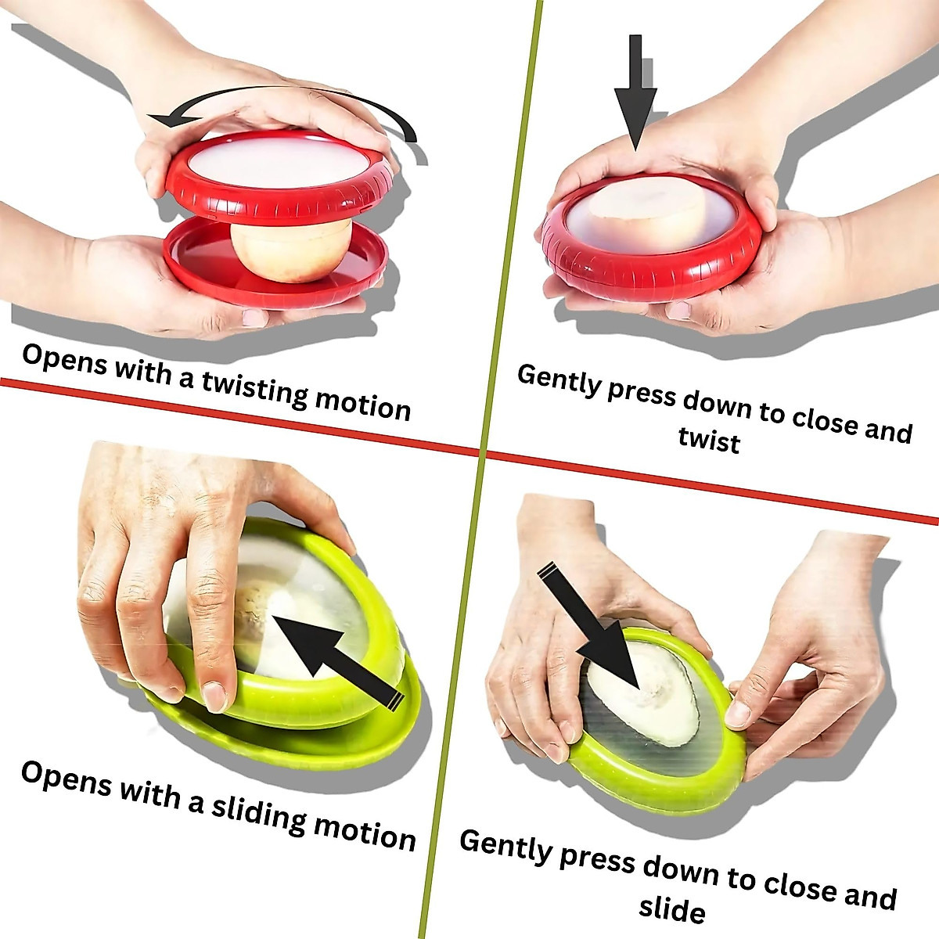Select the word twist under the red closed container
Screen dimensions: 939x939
[x=709, y=440]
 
